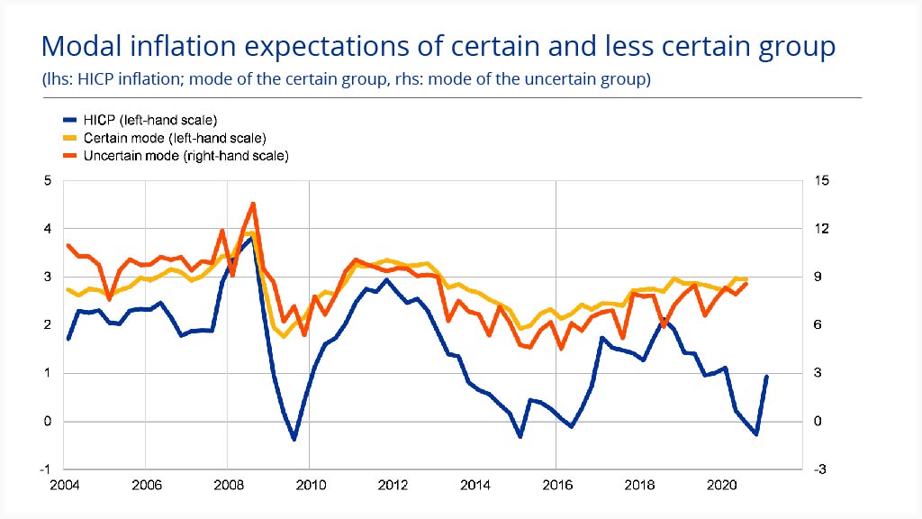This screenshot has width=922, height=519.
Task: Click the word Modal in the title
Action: (x=85, y=46)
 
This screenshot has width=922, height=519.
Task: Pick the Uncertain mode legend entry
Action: (x=185, y=156)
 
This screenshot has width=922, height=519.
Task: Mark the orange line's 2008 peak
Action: (x=253, y=204)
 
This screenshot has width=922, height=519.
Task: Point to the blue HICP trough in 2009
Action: (x=294, y=439)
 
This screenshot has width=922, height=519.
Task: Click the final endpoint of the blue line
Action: (x=766, y=377)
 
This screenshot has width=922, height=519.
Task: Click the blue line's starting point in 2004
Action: (x=68, y=339)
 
